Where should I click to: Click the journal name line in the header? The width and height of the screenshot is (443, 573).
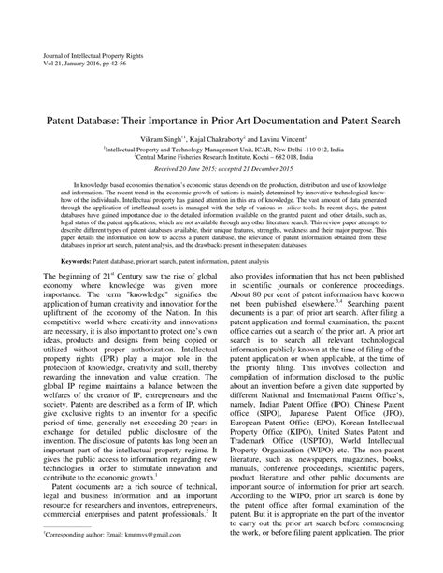74,56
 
